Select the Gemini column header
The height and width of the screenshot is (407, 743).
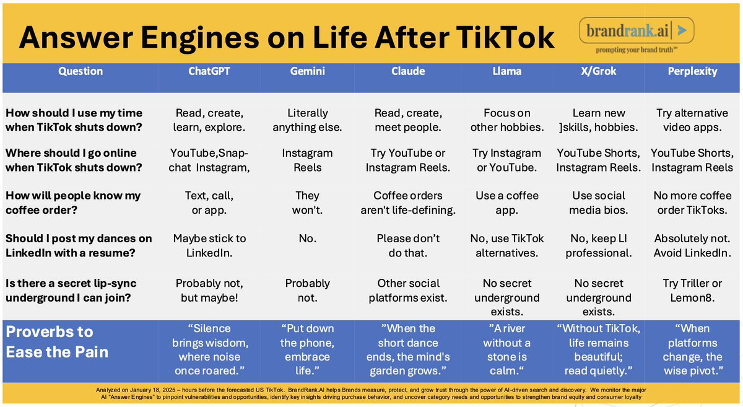[307, 71]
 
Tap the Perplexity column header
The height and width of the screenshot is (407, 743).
[692, 71]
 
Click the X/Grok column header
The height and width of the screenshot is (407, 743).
[598, 71]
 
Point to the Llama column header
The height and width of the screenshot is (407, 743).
[506, 71]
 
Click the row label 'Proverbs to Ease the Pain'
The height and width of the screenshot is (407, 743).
[58, 342]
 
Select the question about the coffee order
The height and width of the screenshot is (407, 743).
[73, 203]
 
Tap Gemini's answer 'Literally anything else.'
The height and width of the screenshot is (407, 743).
[307, 121]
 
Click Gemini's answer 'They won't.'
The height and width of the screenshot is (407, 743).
[307, 203]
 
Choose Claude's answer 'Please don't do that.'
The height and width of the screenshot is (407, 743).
[408, 246]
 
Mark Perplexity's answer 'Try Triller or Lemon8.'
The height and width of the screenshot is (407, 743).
[692, 291]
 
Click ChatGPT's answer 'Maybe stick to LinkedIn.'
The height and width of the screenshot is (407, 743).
[209, 246]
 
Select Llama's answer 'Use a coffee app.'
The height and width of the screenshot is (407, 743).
[506, 203]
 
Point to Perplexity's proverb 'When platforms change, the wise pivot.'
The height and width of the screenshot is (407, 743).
[692, 350]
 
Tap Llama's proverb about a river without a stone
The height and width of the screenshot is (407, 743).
[506, 350]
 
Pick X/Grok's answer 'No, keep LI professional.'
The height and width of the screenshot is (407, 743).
[598, 246]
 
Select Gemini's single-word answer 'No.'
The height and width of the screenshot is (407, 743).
[307, 239]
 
